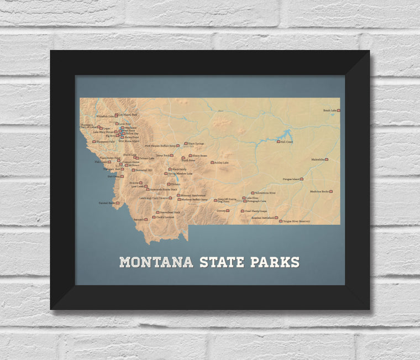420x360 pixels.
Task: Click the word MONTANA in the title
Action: (156, 262)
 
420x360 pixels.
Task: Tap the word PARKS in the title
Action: (275, 262)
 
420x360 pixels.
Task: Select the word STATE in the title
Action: (222, 262)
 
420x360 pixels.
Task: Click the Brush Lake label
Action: (329, 111)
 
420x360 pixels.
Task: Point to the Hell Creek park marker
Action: (278, 142)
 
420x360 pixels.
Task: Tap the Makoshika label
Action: (317, 159)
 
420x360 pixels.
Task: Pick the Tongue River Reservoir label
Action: (297, 221)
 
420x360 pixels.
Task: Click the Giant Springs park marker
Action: (186, 144)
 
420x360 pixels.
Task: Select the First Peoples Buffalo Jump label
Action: (160, 146)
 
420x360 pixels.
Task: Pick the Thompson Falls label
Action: (105, 142)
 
